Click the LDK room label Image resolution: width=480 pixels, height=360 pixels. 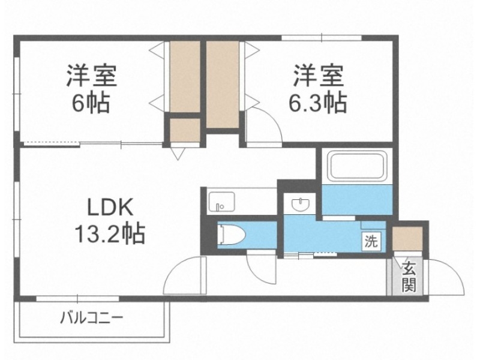click(109, 208)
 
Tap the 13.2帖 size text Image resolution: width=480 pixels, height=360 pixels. click(109, 233)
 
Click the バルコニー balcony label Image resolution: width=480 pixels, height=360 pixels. click(91, 317)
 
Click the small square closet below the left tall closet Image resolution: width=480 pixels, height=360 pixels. click(184, 132)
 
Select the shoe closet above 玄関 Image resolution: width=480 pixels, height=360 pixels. click(408, 238)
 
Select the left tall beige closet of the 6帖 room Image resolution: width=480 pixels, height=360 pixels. click(184, 76)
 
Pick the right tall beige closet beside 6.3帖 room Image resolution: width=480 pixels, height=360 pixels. click(223, 84)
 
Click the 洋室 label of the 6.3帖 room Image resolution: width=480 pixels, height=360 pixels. click(318, 77)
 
